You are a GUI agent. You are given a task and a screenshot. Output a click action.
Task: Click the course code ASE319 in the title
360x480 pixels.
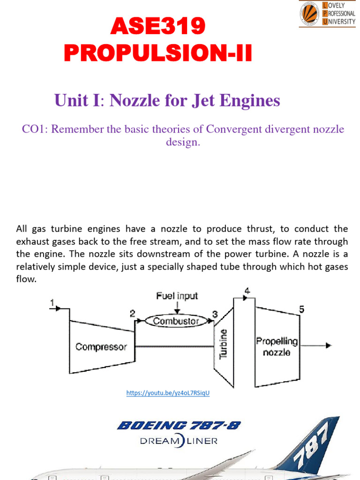pos(158,27)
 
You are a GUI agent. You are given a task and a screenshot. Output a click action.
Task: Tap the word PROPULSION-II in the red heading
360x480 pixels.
pos(158,53)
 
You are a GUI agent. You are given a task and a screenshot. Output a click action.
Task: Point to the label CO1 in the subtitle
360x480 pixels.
pos(35,129)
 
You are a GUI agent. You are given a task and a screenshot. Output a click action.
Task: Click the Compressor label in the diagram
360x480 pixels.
pos(101,347)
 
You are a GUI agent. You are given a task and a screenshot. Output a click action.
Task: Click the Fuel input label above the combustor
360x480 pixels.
pos(177,296)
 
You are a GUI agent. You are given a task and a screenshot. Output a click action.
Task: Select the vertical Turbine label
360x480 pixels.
pos(224,344)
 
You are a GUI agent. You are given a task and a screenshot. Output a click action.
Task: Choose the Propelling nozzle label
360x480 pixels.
pos(277,346)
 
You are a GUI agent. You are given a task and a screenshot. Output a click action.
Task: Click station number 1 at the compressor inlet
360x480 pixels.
pos(53,303)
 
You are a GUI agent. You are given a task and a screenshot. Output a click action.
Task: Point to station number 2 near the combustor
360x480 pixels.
pos(133,314)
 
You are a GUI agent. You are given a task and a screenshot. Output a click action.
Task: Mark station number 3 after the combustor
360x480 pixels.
pos(215,314)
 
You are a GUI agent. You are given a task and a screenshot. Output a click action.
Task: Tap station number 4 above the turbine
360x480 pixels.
pos(247,291)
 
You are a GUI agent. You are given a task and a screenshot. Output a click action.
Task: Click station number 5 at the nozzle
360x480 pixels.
pos(302,309)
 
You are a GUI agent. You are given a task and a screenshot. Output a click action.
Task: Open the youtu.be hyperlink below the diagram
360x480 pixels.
pos(168,393)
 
